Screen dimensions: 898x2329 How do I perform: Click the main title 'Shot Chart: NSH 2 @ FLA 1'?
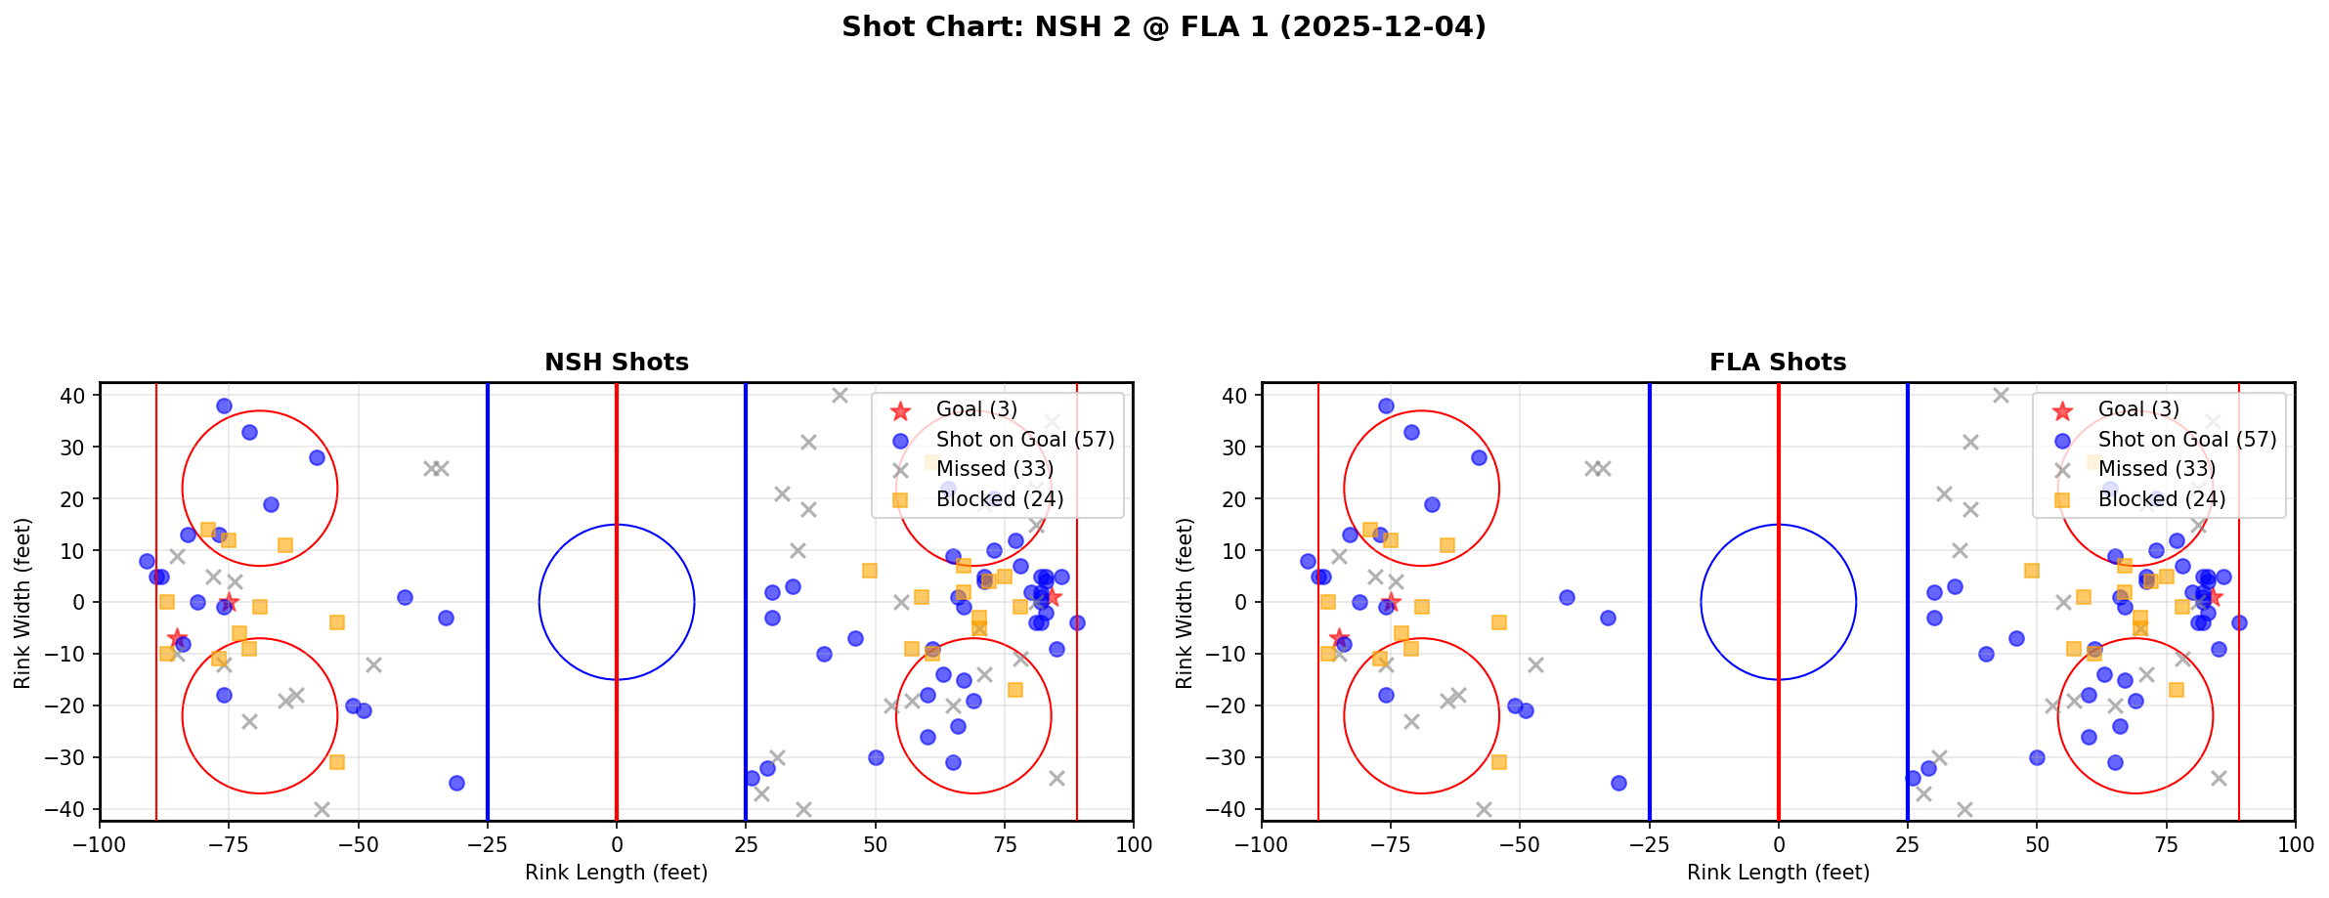pyautogui.click(x=1163, y=26)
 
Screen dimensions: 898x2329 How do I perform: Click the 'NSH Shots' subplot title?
pyautogui.click(x=616, y=363)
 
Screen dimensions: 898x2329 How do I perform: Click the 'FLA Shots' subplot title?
pyautogui.click(x=1777, y=363)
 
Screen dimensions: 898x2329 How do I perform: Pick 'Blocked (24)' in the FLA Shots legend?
pyautogui.click(x=2161, y=499)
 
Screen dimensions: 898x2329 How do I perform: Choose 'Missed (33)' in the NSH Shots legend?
pyautogui.click(x=994, y=469)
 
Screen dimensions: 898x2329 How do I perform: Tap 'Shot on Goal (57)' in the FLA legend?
pyautogui.click(x=2186, y=440)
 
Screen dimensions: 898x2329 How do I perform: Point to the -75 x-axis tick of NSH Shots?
pyautogui.click(x=229, y=844)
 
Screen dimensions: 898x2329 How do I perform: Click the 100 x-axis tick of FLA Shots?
pyautogui.click(x=2294, y=844)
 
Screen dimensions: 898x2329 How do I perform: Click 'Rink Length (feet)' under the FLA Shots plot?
pyautogui.click(x=1777, y=873)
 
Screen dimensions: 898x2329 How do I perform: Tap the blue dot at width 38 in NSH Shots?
pyautogui.click(x=224, y=406)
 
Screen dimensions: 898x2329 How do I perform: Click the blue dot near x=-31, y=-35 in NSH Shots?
pyautogui.click(x=456, y=783)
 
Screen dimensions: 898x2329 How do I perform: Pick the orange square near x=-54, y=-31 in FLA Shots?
pyautogui.click(x=1498, y=761)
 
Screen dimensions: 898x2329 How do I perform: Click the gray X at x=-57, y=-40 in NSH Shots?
pyautogui.click(x=322, y=809)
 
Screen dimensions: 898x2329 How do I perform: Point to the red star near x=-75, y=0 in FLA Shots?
pyautogui.click(x=1391, y=602)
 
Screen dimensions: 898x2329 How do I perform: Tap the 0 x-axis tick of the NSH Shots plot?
pyautogui.click(x=616, y=844)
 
